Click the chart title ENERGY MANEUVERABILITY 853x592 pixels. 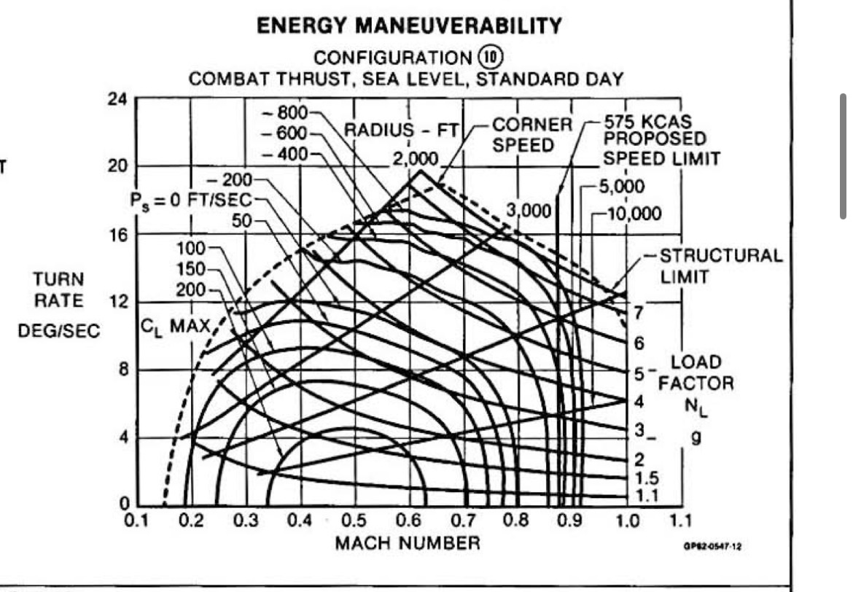tap(409, 27)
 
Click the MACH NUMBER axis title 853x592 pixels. tap(408, 543)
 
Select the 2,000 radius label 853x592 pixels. tap(415, 159)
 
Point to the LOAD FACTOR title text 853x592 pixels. tap(702, 373)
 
